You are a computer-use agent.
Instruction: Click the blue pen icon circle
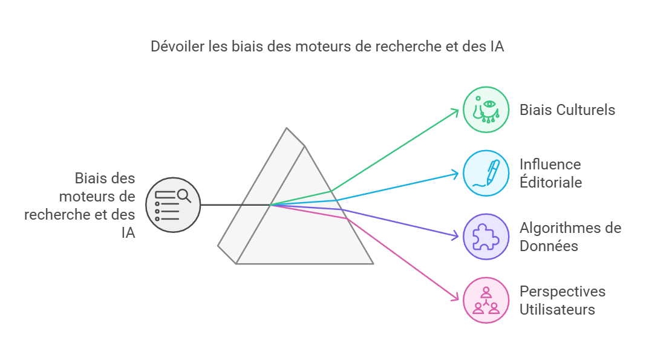(x=486, y=172)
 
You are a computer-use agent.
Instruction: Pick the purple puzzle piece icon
(x=486, y=237)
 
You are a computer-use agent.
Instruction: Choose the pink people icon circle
(x=486, y=300)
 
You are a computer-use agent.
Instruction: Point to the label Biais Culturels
(x=567, y=110)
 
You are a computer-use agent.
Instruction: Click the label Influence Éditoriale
(x=550, y=172)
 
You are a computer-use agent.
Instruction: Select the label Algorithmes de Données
(x=570, y=237)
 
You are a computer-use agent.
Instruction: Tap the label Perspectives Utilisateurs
(x=562, y=300)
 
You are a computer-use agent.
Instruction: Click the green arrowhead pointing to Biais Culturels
(x=457, y=111)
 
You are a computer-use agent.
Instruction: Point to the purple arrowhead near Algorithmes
(x=457, y=235)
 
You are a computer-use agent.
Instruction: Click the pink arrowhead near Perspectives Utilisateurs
(x=457, y=297)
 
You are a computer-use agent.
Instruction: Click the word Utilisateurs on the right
(x=557, y=309)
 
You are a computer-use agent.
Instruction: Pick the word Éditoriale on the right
(x=550, y=182)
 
